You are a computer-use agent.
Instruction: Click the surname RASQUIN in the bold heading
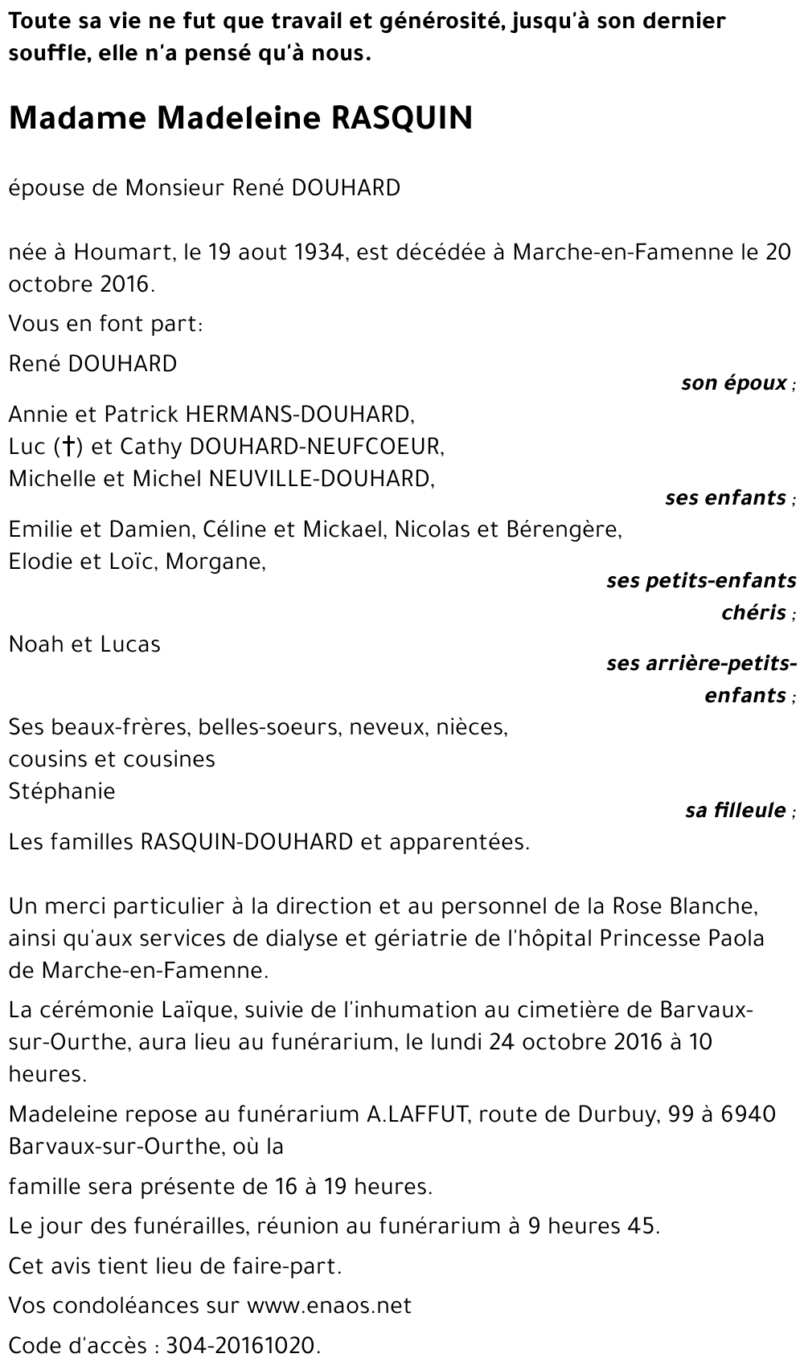pos(402,118)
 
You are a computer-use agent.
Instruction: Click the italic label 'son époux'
pos(734,382)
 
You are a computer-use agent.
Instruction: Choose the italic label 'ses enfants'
pos(725,497)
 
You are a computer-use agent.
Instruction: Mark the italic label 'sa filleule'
pos(736,810)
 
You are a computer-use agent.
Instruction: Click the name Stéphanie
pos(62,791)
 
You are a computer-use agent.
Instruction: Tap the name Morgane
pos(215,562)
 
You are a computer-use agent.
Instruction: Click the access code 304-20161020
pos(242,1346)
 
